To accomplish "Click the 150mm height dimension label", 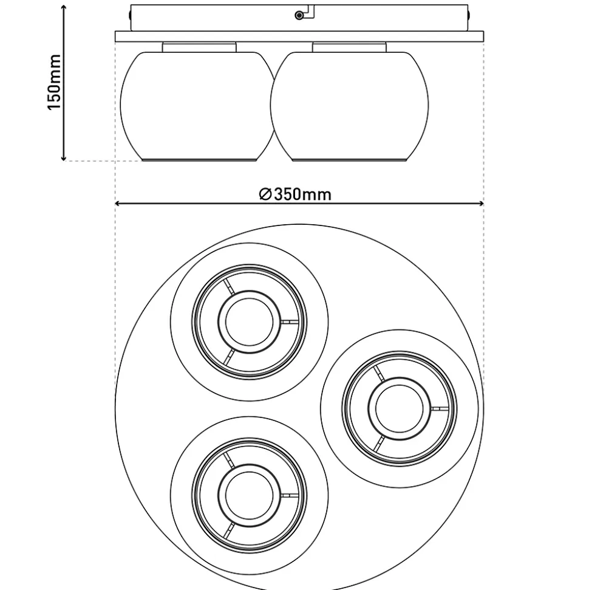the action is point(54,82).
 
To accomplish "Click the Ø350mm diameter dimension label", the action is point(295,194).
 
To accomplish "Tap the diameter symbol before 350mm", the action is point(265,194).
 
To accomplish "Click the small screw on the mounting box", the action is point(299,15).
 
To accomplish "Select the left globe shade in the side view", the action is point(198,106).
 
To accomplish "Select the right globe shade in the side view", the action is point(349,106).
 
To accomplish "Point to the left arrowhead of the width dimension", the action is point(118,204).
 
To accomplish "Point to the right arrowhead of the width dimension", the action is point(481,204).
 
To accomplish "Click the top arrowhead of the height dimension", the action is point(64,7).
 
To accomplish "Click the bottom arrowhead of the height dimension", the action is point(64,158).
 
